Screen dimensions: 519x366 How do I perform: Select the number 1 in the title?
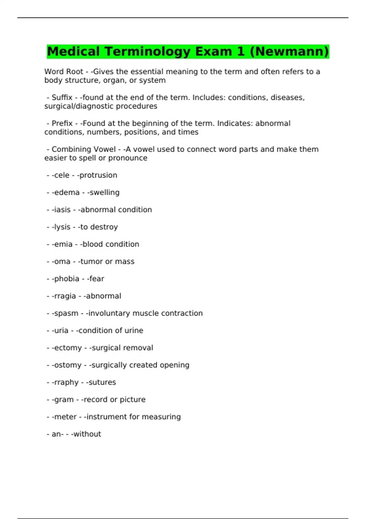pos(241,51)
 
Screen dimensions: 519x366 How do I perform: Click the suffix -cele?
pos(60,175)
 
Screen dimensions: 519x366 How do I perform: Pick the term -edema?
pos(66,193)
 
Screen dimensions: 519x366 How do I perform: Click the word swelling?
pos(104,193)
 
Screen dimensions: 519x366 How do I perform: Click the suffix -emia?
pos(62,244)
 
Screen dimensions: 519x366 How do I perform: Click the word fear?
pos(97,279)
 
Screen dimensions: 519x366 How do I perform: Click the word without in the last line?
pos(87,434)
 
